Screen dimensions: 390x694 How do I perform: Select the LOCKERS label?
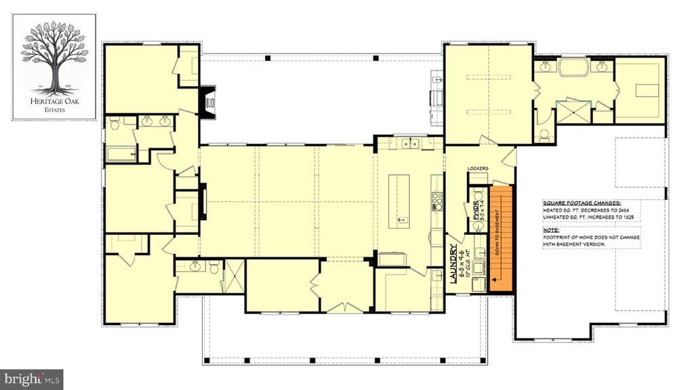[x=478, y=168]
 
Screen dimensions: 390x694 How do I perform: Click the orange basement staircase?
[x=499, y=238]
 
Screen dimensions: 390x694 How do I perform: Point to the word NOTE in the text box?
[x=551, y=230]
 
